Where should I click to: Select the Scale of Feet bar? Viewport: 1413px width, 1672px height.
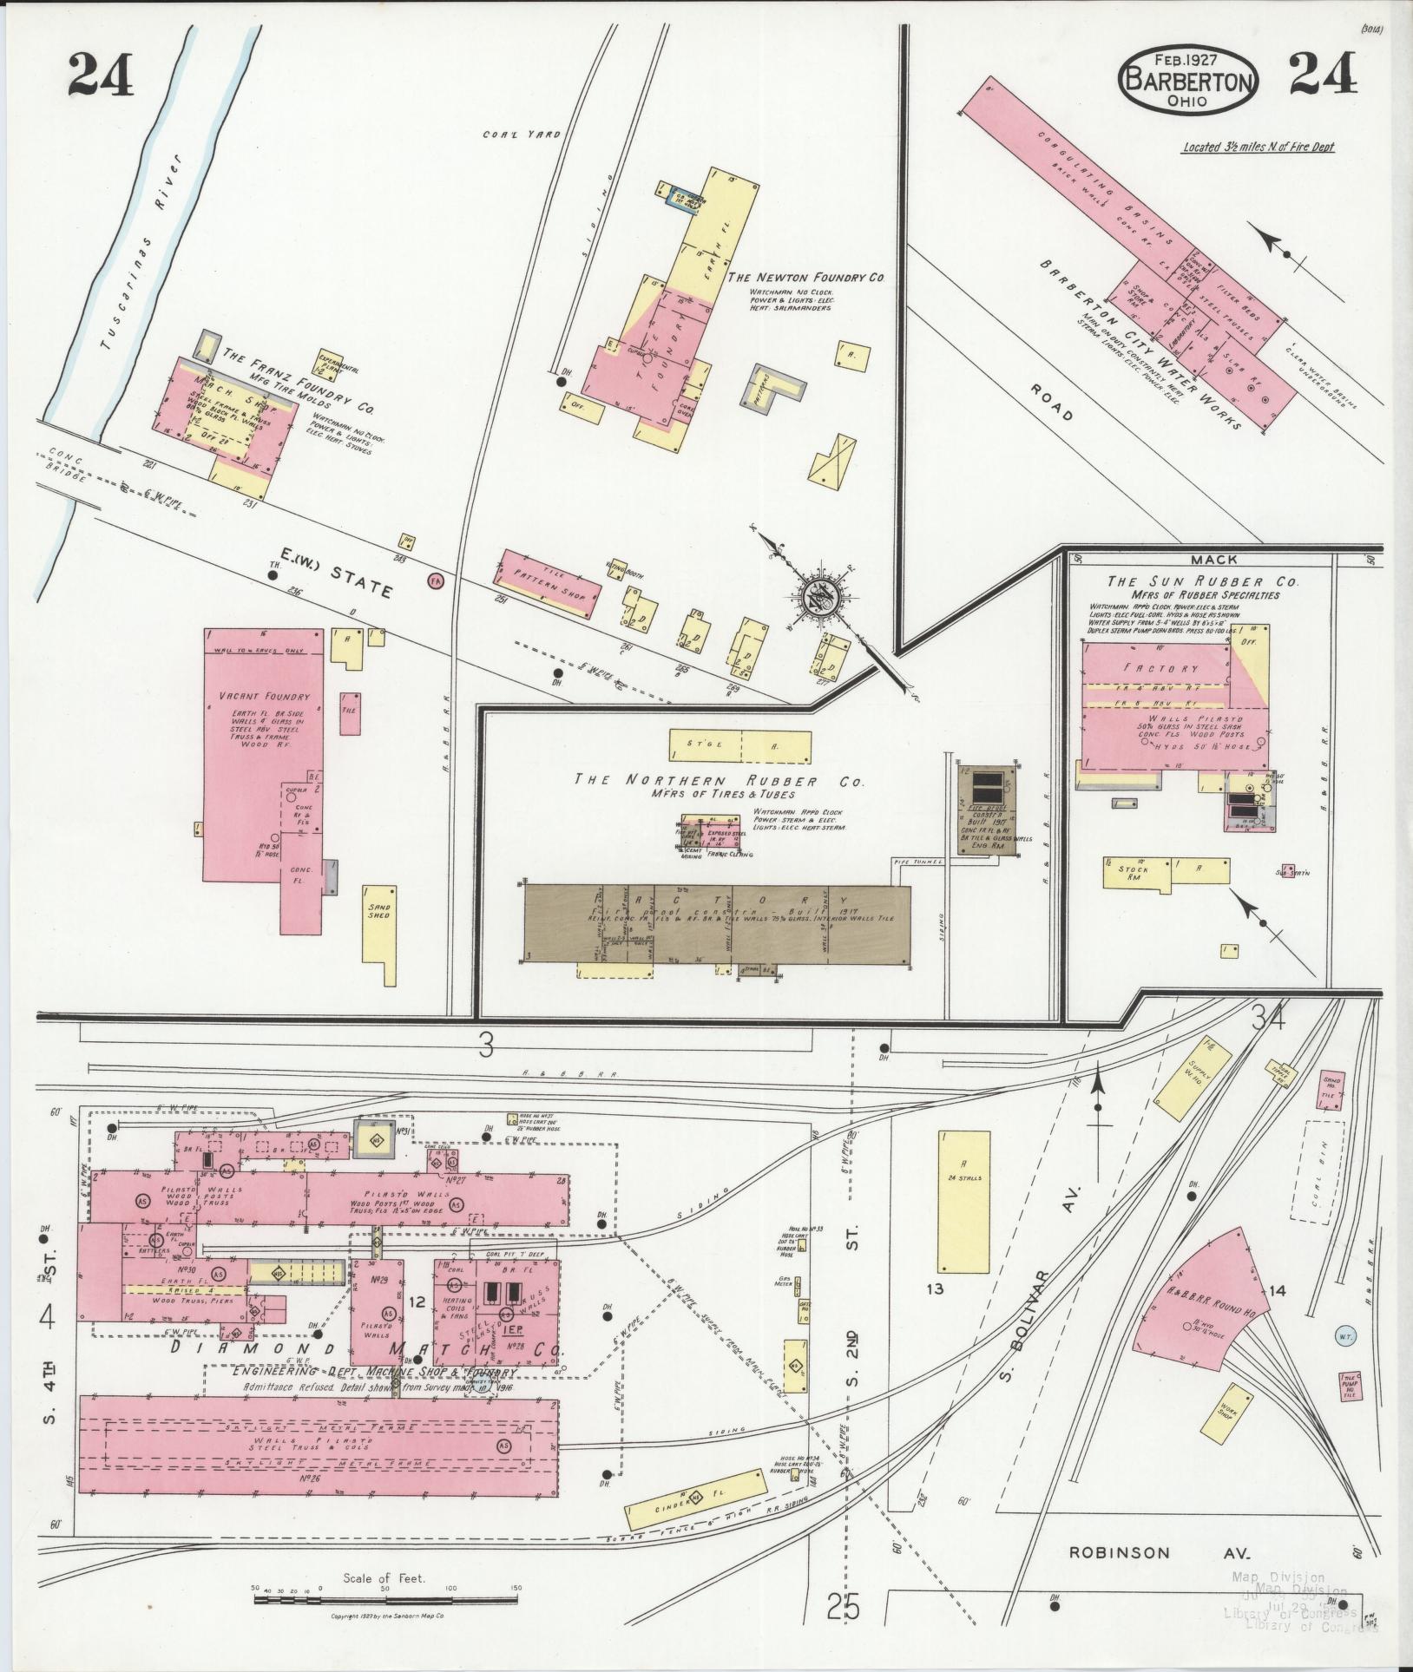point(385,1597)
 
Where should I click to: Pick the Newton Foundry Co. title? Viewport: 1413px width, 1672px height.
point(805,277)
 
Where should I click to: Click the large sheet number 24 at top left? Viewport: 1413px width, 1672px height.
point(102,77)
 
